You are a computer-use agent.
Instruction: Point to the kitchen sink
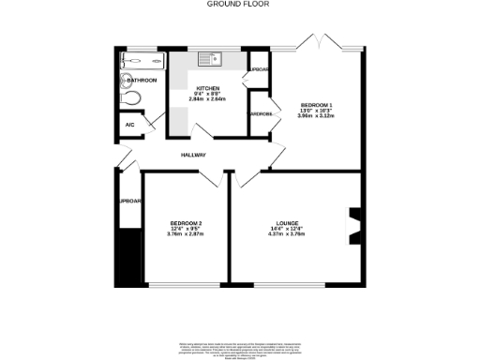click(x=210, y=60)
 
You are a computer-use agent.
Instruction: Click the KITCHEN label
click(x=207, y=86)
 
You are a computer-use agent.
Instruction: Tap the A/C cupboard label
click(x=129, y=125)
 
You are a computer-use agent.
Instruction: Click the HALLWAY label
click(x=193, y=155)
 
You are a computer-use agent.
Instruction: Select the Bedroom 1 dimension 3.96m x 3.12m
click(x=316, y=116)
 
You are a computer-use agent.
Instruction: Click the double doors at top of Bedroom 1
click(x=322, y=42)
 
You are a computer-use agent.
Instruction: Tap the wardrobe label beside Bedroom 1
click(x=260, y=113)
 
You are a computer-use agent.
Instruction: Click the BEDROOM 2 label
click(x=186, y=222)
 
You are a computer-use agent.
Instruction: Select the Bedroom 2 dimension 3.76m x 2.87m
click(x=186, y=234)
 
